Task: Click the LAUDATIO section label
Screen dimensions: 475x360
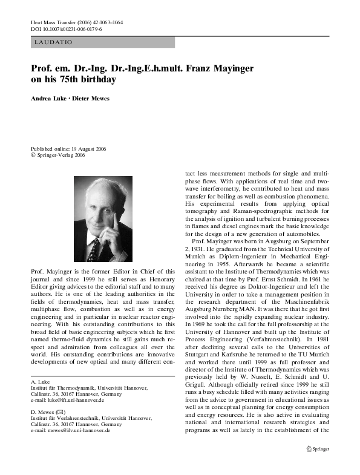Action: point(54,42)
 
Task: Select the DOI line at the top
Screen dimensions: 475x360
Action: point(66,28)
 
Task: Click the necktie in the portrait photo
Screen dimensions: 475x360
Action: point(93,247)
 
